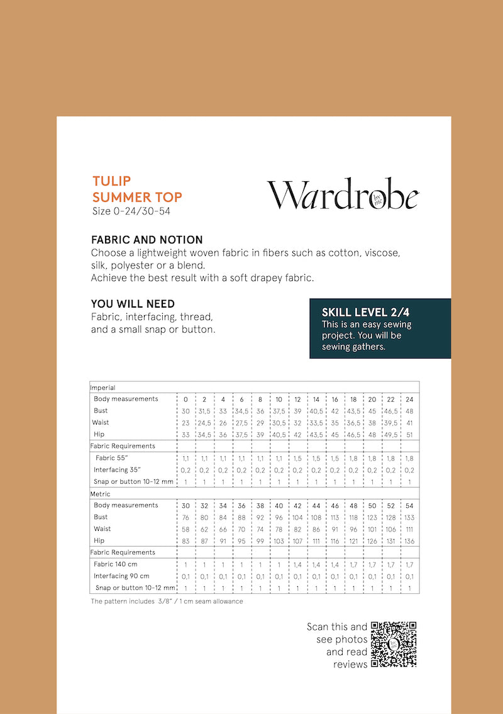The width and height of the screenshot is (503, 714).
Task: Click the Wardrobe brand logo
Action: [343, 194]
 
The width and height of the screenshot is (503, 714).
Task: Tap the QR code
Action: [394, 644]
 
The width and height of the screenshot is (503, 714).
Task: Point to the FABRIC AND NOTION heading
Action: [146, 240]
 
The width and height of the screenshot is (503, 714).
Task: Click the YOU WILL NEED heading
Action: [133, 304]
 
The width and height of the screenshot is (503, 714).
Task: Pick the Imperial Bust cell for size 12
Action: [297, 411]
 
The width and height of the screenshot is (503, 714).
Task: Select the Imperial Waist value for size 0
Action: [185, 423]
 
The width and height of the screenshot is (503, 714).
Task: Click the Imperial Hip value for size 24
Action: [409, 435]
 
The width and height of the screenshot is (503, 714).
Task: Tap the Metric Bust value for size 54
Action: [409, 517]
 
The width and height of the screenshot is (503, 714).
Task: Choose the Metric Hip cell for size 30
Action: [185, 541]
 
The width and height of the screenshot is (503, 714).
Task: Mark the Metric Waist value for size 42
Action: [297, 529]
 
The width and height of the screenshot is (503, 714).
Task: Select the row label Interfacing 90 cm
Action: [121, 576]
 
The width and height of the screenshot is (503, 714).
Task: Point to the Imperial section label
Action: [102, 388]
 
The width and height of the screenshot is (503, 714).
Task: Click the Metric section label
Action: [100, 494]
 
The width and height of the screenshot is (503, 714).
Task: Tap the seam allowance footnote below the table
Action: [167, 601]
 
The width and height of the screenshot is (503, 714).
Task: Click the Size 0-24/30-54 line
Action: [131, 211]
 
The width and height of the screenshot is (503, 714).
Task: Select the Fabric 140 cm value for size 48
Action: [353, 565]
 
